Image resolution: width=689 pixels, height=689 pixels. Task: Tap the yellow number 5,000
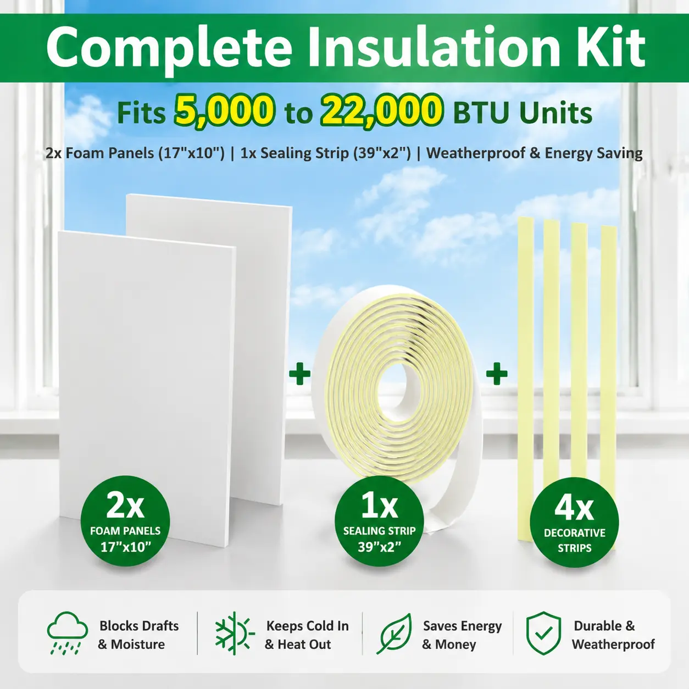[x=225, y=112]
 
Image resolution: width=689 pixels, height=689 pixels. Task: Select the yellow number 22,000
[x=381, y=112]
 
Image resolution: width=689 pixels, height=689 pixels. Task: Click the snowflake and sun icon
[x=235, y=633]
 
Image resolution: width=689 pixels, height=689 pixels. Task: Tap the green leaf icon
[x=394, y=634]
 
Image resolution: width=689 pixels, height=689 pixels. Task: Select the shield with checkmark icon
[x=543, y=633]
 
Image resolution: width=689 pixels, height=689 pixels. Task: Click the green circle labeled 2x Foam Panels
[x=125, y=520]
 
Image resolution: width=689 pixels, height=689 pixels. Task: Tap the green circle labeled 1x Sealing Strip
[x=379, y=520]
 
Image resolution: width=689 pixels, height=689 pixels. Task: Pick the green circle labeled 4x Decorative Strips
[x=574, y=522]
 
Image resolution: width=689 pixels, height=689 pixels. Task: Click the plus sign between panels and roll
[x=299, y=374]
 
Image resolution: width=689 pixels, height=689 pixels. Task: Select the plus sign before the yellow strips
[x=497, y=374]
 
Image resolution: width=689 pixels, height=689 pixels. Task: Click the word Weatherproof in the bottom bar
[x=613, y=644]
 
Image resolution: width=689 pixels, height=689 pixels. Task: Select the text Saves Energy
[x=462, y=626]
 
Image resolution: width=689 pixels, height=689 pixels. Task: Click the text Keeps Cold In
[x=308, y=626]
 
